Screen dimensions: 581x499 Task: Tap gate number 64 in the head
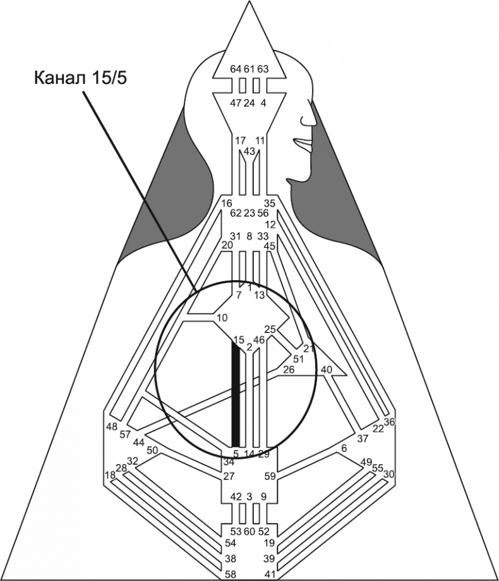236,69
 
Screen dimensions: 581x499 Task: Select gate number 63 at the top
263,69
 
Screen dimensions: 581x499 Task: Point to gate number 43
249,152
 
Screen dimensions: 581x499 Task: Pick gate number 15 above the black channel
238,340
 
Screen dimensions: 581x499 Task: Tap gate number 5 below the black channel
236,453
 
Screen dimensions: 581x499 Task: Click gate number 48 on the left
112,426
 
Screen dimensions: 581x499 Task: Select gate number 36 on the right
389,422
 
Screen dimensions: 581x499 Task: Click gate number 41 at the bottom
269,574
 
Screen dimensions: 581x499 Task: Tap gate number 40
327,369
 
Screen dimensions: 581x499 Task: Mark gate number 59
270,476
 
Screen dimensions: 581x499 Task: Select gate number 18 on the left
110,475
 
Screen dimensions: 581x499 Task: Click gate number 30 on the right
389,474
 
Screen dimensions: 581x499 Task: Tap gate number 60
249,530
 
